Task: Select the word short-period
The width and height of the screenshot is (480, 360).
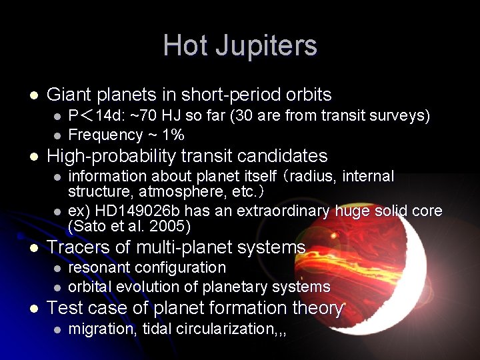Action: pos(233,95)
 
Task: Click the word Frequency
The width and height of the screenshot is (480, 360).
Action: pos(106,135)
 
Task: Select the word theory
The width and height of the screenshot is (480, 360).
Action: pos(317,308)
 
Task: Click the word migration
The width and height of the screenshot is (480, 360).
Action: pos(101,329)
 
